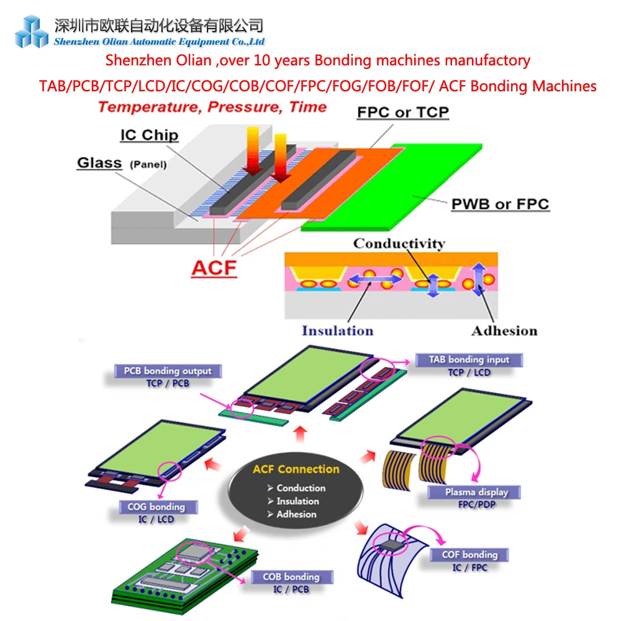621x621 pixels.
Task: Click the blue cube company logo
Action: coord(32,31)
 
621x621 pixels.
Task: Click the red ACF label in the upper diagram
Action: coord(214,268)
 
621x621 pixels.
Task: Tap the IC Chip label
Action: coord(149,135)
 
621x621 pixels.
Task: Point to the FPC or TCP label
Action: coord(402,112)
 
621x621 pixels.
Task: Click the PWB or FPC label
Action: coord(500,204)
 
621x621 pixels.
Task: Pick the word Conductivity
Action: coord(399,243)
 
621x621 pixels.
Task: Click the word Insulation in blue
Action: coord(337,330)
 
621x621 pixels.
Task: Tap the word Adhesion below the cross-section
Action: coord(504,330)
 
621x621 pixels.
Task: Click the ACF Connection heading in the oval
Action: coord(296,469)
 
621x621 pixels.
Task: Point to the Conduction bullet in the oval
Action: coord(301,488)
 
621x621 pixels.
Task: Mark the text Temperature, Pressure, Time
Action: coord(212,107)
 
